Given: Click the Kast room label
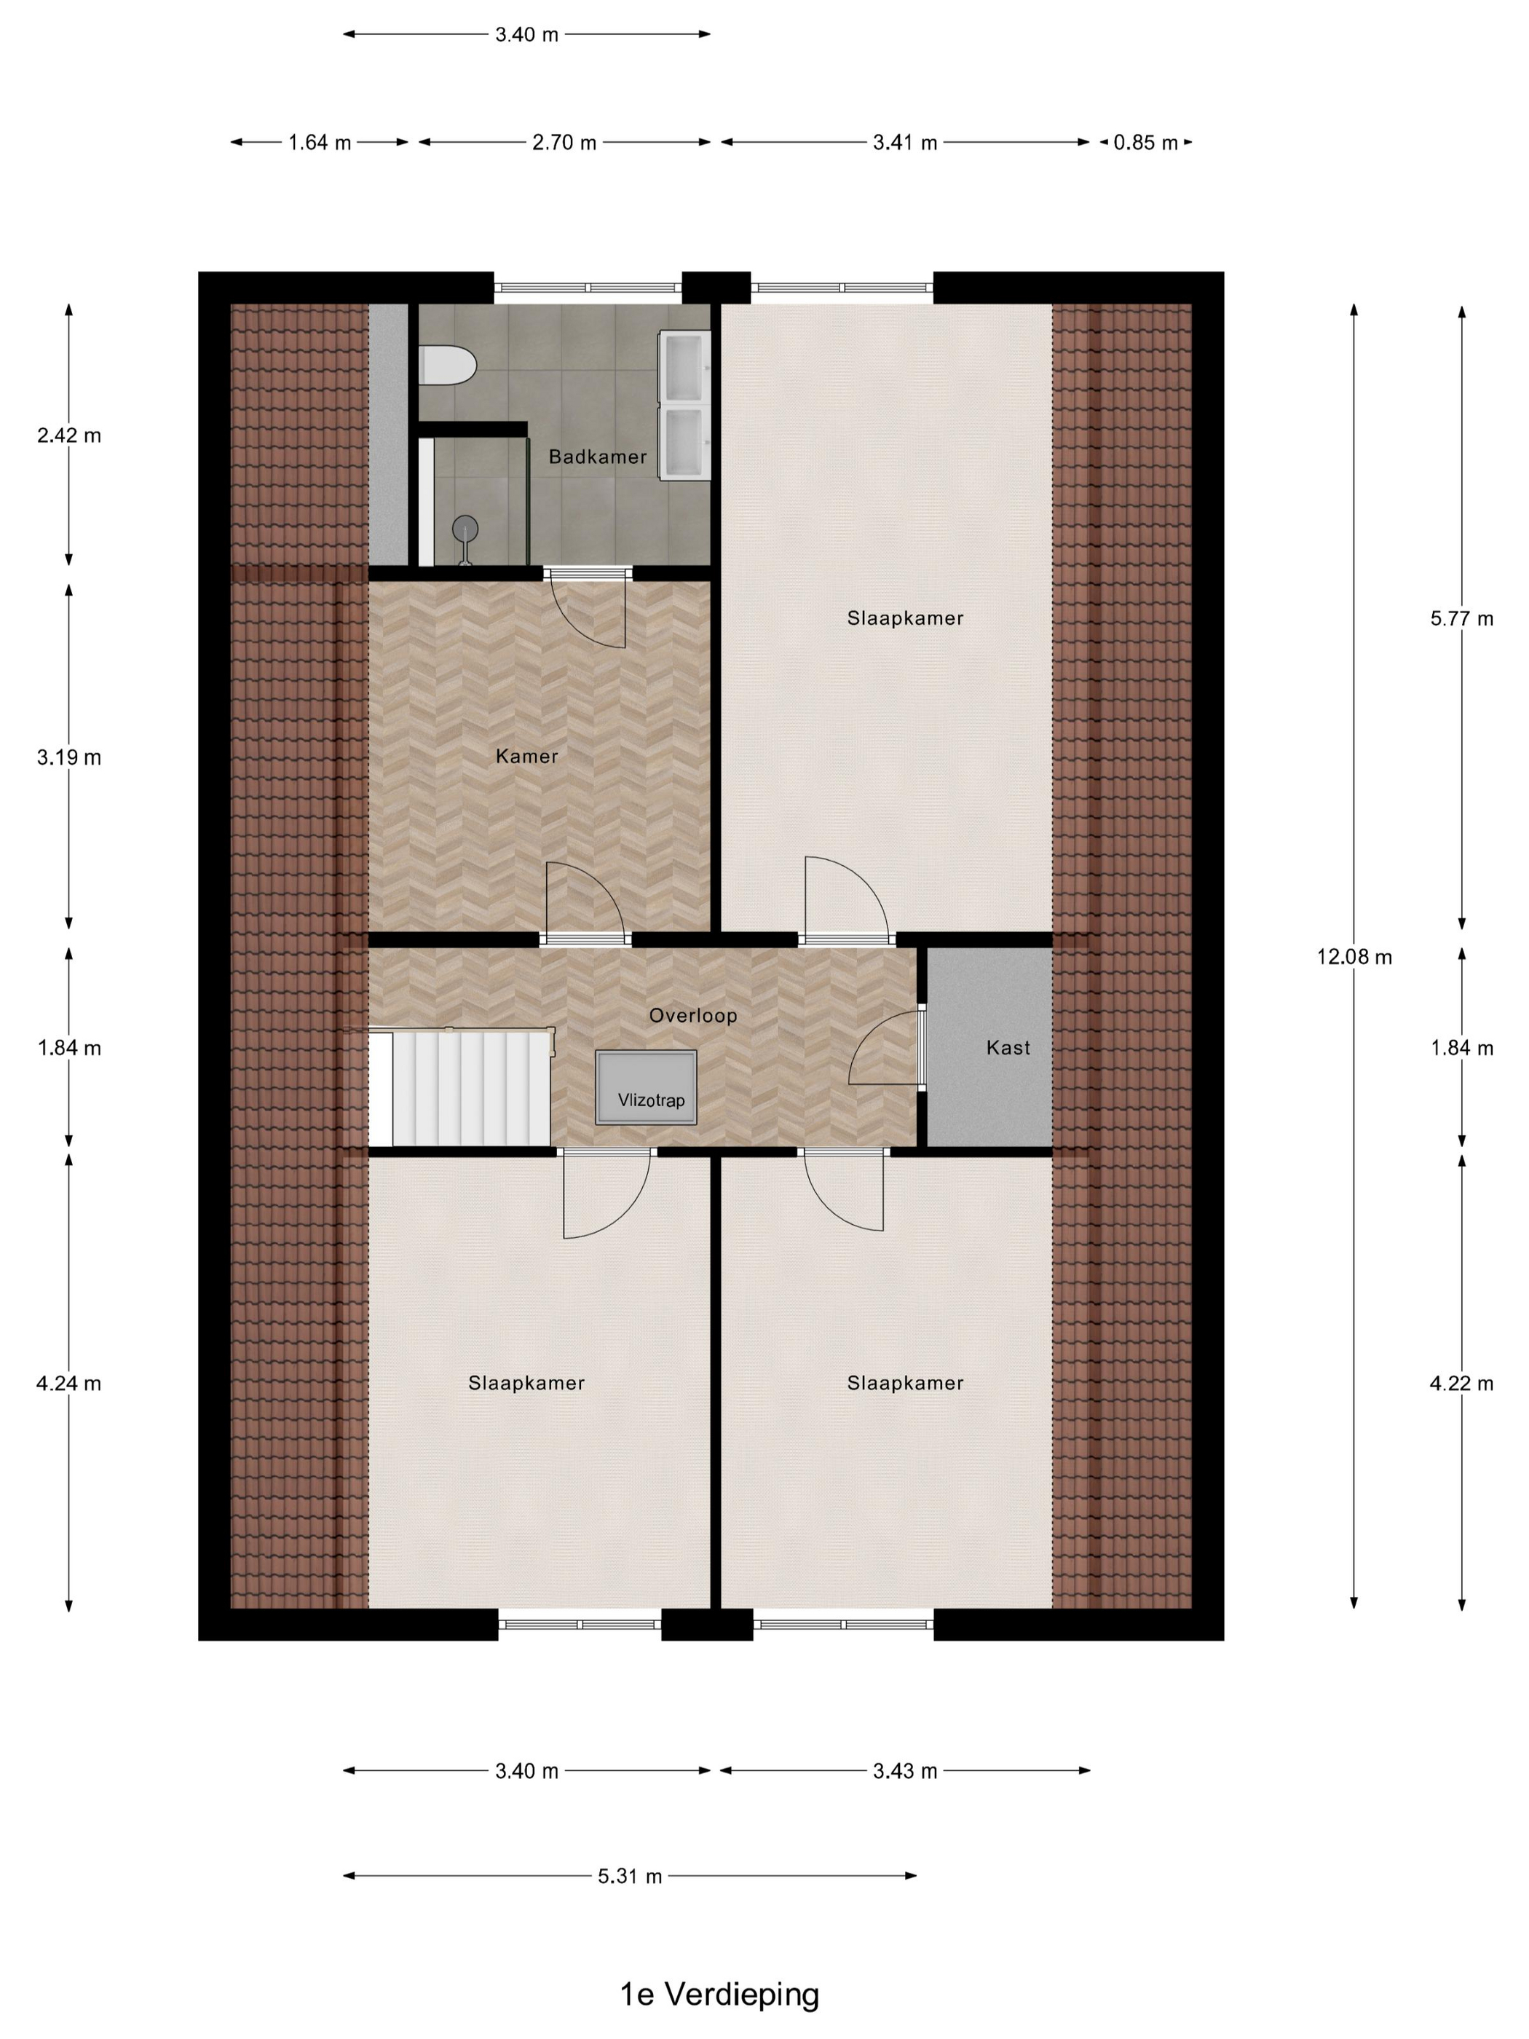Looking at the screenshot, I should click(x=1008, y=1047).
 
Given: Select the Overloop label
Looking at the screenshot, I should click(x=692, y=1016).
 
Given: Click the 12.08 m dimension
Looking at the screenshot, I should click(x=1353, y=957).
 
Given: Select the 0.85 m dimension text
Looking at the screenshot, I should click(x=1145, y=143).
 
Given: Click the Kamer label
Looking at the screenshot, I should click(x=526, y=757).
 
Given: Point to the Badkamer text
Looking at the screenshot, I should click(x=597, y=457).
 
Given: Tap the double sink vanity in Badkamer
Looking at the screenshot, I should click(x=683, y=405).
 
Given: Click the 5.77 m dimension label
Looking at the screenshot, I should click(x=1461, y=618).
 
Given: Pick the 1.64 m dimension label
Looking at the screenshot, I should click(x=319, y=143).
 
